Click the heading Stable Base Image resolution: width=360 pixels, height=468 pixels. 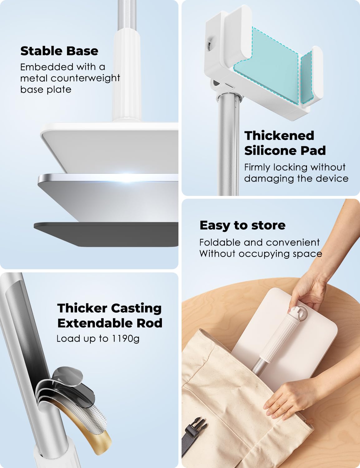point(59,51)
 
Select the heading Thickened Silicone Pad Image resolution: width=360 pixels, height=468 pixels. point(285,143)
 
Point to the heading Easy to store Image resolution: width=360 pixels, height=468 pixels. point(242,225)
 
